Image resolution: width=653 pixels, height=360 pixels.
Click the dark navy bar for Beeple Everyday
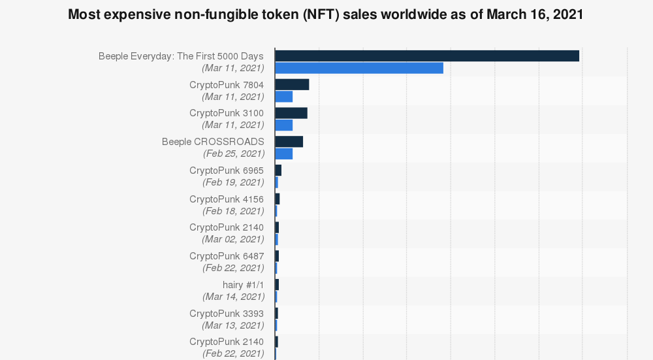pyautogui.click(x=427, y=56)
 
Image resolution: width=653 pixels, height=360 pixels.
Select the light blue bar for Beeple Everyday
pyautogui.click(x=359, y=68)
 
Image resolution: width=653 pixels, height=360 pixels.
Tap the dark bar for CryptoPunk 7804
pyautogui.click(x=292, y=84)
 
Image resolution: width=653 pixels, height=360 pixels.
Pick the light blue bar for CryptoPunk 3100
pyautogui.click(x=283, y=125)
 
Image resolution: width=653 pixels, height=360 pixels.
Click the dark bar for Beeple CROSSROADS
pyautogui.click(x=289, y=142)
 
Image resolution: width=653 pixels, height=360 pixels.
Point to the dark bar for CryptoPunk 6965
pyautogui.click(x=278, y=171)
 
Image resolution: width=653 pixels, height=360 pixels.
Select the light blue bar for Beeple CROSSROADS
pyautogui.click(x=283, y=154)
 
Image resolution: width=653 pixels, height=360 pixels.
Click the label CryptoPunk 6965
pyautogui.click(x=227, y=171)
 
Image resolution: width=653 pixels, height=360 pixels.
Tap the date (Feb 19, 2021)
pyautogui.click(x=233, y=182)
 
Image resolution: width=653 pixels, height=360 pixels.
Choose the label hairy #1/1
pyautogui.click(x=243, y=285)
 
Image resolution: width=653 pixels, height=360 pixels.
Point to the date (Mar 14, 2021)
pyautogui.click(x=234, y=297)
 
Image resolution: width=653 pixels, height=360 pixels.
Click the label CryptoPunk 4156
pyautogui.click(x=227, y=199)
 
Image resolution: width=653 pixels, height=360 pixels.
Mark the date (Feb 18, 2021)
pyautogui.click(x=233, y=211)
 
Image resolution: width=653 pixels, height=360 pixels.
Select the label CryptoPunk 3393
pyautogui.click(x=227, y=314)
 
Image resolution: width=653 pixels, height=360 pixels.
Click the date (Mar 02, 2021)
pyautogui.click(x=233, y=239)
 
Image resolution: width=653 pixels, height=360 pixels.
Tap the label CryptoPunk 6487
pyautogui.click(x=227, y=256)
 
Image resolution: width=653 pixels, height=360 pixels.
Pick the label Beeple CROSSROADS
pyautogui.click(x=213, y=142)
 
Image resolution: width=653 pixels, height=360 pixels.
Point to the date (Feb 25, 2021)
pyautogui.click(x=234, y=154)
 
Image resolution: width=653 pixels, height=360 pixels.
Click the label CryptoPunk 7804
pyautogui.click(x=227, y=85)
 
